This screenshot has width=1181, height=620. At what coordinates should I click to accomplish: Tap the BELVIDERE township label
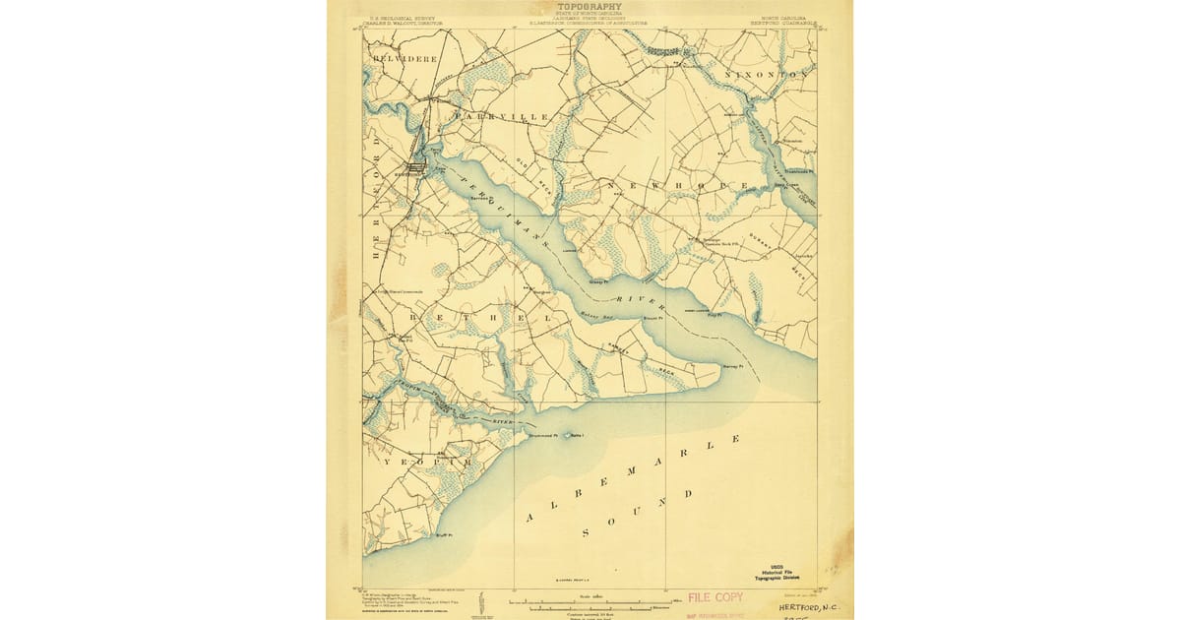[404, 59]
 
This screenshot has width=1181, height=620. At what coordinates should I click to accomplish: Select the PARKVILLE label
[502, 117]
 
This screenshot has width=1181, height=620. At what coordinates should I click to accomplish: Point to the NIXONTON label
[766, 75]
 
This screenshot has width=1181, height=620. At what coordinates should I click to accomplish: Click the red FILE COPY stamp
[715, 597]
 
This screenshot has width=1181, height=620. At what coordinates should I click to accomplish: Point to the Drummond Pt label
[543, 435]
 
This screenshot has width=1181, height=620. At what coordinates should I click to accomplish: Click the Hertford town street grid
[416, 168]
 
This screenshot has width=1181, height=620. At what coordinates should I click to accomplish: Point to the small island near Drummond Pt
[565, 435]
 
